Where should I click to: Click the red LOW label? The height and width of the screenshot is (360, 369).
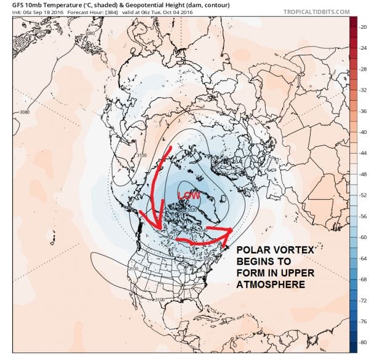coord(188,195)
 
